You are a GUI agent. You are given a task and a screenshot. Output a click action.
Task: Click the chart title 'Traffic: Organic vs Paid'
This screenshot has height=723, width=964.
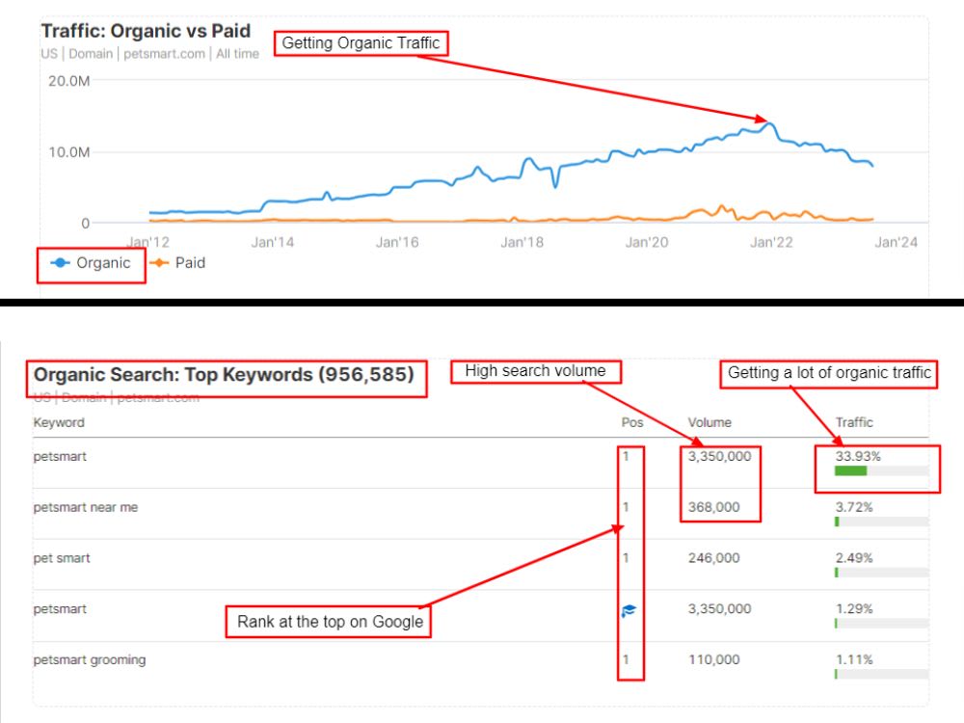click(146, 31)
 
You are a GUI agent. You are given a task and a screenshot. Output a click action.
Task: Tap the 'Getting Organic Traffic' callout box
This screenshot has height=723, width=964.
click(361, 43)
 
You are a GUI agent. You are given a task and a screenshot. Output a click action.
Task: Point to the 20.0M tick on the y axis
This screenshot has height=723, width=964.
click(68, 81)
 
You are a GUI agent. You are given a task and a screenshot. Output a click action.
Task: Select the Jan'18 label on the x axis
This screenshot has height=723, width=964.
click(522, 242)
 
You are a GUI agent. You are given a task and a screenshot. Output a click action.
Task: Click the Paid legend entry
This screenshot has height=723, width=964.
click(178, 262)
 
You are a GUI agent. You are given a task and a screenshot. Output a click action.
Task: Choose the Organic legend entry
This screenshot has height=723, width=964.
click(91, 263)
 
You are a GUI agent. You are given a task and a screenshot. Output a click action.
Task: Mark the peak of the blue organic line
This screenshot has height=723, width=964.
click(769, 124)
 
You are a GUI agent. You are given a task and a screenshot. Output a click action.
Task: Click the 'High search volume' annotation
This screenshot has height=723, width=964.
click(535, 371)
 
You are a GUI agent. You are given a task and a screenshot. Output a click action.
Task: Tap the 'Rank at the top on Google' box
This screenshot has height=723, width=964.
click(329, 622)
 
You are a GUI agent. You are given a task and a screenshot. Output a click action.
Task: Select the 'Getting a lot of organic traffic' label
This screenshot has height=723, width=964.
click(829, 373)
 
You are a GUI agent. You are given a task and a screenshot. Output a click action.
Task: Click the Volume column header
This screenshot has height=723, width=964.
click(710, 422)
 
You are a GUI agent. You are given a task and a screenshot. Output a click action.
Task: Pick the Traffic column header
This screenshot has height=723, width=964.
click(854, 422)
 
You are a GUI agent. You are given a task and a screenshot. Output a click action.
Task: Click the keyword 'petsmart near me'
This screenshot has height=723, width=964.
click(86, 507)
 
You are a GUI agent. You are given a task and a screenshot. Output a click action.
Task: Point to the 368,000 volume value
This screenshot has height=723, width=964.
click(713, 507)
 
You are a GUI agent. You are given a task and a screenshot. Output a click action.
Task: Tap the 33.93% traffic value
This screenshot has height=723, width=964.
click(858, 456)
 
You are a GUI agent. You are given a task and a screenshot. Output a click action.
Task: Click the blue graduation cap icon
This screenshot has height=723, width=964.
click(629, 610)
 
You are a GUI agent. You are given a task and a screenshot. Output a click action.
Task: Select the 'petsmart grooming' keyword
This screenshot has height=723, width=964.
click(90, 659)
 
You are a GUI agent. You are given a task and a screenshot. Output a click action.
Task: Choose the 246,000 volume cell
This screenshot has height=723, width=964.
click(713, 558)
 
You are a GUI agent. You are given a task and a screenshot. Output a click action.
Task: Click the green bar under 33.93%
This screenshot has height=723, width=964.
click(851, 471)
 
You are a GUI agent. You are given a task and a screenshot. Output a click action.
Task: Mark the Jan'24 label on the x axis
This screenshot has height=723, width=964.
click(896, 242)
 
